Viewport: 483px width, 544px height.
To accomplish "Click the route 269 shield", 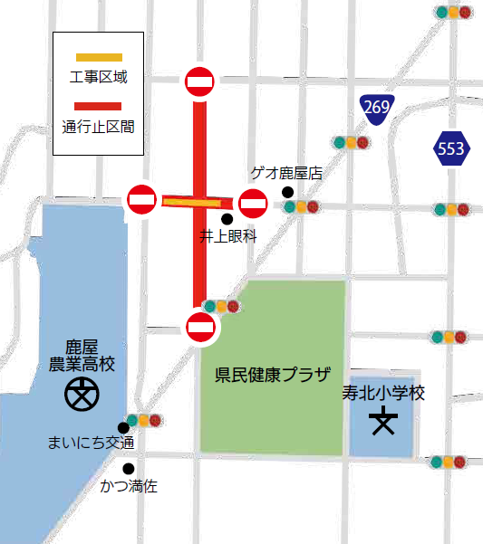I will [376, 109].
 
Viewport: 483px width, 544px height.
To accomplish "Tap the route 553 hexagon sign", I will [450, 149].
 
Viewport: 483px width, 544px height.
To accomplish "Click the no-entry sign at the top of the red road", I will [199, 82].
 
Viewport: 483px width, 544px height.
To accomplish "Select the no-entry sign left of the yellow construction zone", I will [142, 199].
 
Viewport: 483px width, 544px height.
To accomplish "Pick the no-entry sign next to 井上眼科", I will [253, 204].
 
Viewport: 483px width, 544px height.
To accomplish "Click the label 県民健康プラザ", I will [273, 374].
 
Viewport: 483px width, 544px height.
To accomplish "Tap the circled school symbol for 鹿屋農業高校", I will [82, 396].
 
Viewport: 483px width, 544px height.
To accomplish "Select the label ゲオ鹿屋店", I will [286, 173].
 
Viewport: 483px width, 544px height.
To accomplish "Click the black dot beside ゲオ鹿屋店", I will [287, 192].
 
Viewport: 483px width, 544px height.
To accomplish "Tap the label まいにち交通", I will [91, 443].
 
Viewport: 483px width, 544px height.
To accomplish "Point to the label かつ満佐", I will [129, 486].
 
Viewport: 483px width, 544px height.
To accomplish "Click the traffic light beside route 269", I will [351, 142].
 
